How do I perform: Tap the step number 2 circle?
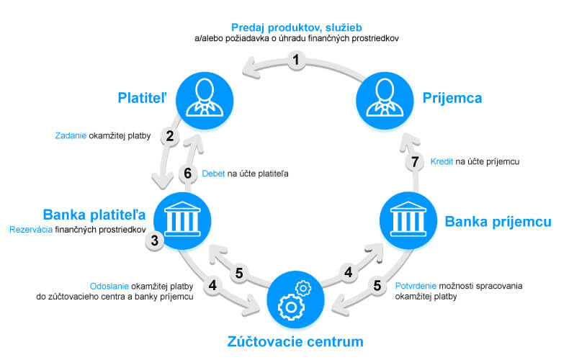(x=170, y=135)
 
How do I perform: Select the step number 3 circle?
(x=154, y=240)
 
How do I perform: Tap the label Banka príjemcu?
(x=498, y=221)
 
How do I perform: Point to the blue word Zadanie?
(x=71, y=135)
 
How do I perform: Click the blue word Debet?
(x=214, y=173)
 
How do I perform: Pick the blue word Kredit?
(x=442, y=162)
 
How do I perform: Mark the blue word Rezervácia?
(x=31, y=230)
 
